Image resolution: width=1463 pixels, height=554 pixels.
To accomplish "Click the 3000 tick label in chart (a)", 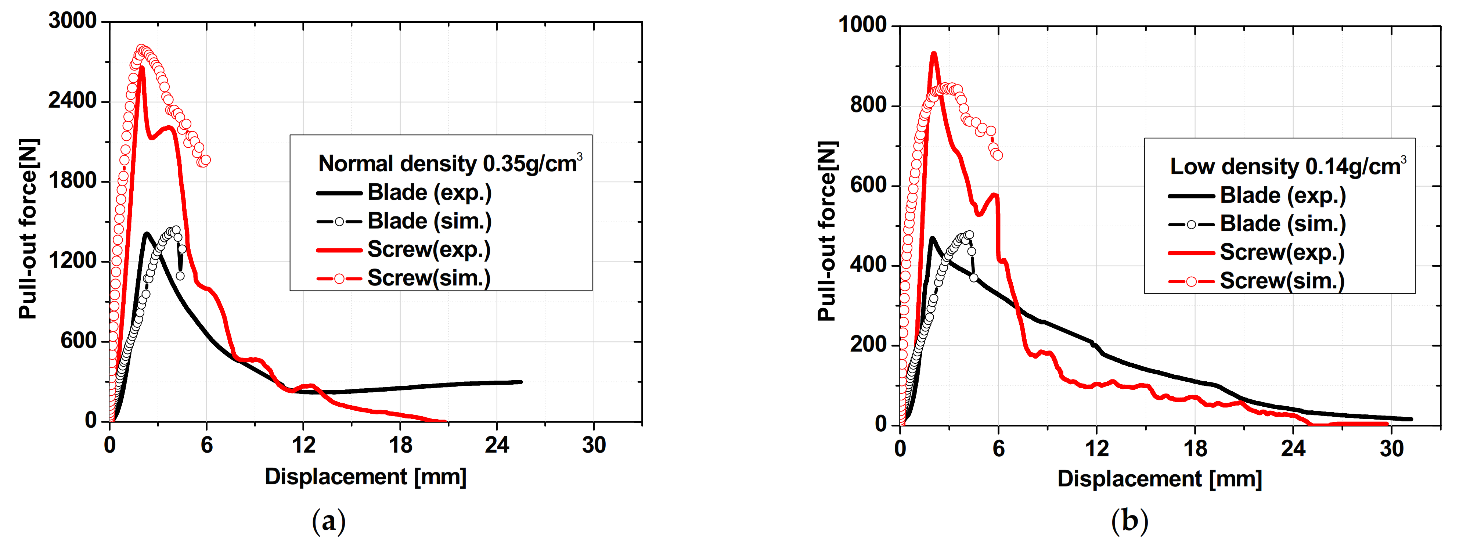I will [x=73, y=21].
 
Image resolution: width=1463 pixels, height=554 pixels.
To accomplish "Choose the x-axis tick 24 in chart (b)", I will [x=1293, y=449].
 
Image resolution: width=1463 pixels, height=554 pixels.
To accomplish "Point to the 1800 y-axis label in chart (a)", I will [x=73, y=181].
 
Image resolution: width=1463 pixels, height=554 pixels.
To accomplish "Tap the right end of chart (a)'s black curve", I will [x=520, y=382].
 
